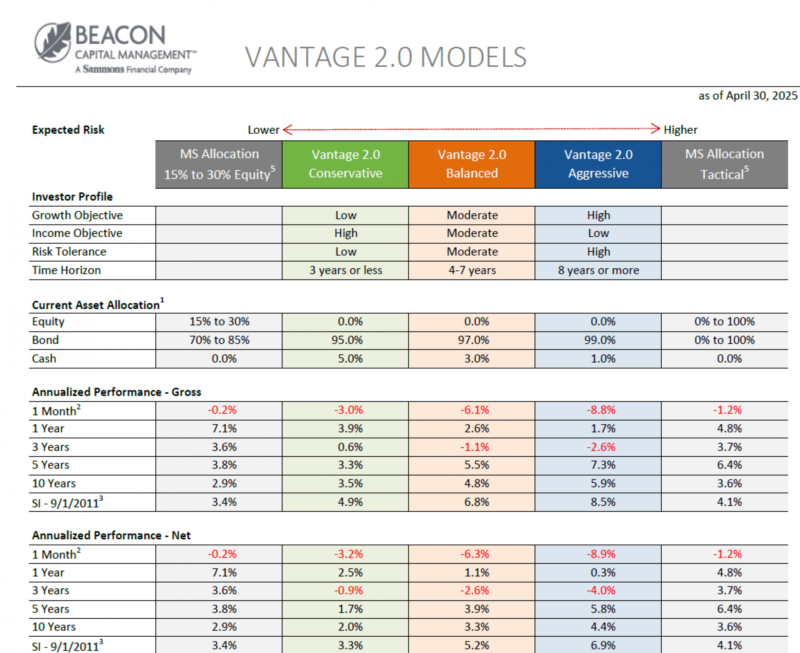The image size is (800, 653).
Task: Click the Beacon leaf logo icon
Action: pos(53,42)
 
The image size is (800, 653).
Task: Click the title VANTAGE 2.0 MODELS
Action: pos(385,57)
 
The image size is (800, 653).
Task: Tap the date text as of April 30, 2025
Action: pos(747,96)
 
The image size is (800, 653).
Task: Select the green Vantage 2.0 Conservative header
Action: pos(345,164)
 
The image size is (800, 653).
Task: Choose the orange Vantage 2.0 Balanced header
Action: pos(472,164)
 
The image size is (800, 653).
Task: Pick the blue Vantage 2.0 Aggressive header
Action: pos(598,164)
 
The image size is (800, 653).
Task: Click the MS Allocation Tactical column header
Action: pos(724,164)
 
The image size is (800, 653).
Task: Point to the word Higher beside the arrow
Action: pos(680,130)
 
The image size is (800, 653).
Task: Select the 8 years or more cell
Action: pos(598,270)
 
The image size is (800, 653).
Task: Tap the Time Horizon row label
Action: pos(67,270)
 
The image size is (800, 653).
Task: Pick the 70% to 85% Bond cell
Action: pos(219,340)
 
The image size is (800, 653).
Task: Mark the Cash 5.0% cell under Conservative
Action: pos(350,359)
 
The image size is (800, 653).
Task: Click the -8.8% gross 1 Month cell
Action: pos(601,410)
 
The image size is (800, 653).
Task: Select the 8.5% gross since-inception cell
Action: pos(602,502)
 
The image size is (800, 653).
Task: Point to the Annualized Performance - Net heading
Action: pos(111,536)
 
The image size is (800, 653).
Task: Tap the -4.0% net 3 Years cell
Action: pos(601,591)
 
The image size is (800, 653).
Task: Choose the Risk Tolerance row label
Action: pos(69,252)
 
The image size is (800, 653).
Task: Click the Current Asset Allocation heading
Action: pos(96,305)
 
